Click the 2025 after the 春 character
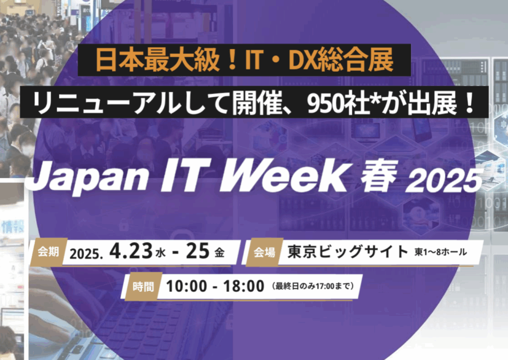(444, 181)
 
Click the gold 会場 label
(265, 253)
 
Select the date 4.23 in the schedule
(130, 252)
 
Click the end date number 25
(198, 252)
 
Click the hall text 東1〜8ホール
(441, 253)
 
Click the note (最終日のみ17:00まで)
(313, 287)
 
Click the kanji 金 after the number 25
(219, 253)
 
